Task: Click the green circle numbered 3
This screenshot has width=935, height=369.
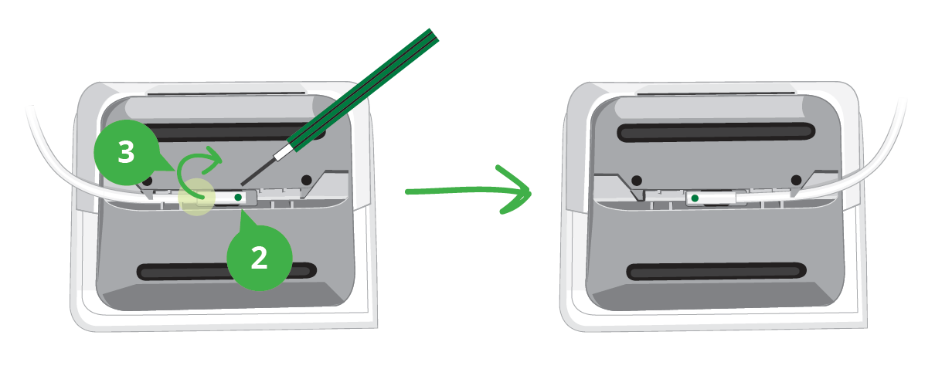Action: [126, 153]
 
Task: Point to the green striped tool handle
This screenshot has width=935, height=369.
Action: [363, 89]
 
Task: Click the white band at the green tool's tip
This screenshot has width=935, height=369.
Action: [284, 151]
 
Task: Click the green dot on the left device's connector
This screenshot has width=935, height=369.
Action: [238, 198]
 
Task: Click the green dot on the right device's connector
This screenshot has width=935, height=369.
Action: [695, 198]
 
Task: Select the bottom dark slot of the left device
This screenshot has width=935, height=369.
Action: [226, 272]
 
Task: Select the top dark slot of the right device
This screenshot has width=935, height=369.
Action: [716, 132]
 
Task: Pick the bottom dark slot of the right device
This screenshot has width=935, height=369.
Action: [716, 271]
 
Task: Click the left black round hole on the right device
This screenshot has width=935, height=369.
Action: [636, 181]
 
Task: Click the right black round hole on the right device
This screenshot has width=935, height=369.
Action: [796, 180]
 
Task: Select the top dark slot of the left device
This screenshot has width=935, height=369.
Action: [232, 132]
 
